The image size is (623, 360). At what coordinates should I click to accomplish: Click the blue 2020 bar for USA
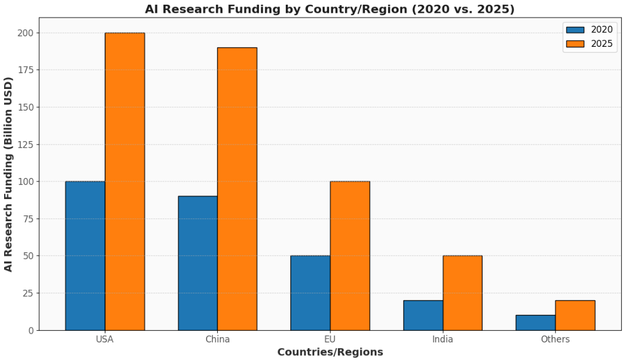(85, 256)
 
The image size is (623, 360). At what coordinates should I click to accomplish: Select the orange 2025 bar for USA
(125, 181)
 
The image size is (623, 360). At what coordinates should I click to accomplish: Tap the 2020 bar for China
(198, 263)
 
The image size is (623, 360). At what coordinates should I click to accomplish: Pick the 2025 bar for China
(237, 188)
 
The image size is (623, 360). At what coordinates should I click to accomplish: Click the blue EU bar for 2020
(310, 293)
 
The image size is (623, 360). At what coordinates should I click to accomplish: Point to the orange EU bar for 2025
(350, 256)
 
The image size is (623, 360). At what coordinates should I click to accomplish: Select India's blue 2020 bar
(423, 315)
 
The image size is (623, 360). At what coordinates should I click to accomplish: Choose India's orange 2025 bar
(463, 293)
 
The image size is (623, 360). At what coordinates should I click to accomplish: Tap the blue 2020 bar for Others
(536, 323)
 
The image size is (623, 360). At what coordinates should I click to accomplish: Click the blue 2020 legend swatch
(575, 30)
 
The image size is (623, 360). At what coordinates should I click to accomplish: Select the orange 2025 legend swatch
(575, 43)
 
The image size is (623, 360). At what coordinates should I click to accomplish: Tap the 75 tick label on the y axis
(27, 219)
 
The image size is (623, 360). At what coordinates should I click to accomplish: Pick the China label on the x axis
(217, 340)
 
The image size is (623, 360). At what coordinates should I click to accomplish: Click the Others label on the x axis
(555, 340)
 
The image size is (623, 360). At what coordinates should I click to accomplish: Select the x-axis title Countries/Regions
(330, 352)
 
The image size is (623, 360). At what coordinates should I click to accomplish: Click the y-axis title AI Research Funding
(8, 174)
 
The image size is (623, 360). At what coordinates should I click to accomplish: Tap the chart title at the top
(330, 9)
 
